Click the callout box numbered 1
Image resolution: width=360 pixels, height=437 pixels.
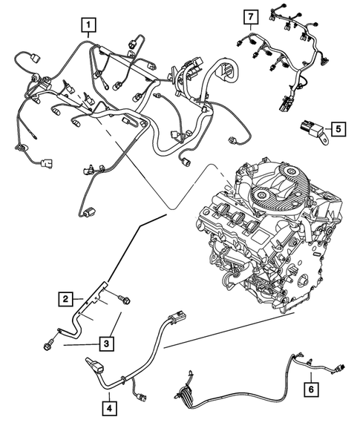click(x=88, y=27)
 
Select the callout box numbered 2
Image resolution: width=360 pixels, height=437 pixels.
click(x=67, y=299)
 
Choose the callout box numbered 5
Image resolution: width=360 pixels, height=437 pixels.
click(x=336, y=129)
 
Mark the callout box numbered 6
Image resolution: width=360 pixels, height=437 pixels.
click(x=311, y=387)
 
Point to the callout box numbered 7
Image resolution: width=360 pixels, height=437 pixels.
click(x=251, y=16)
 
